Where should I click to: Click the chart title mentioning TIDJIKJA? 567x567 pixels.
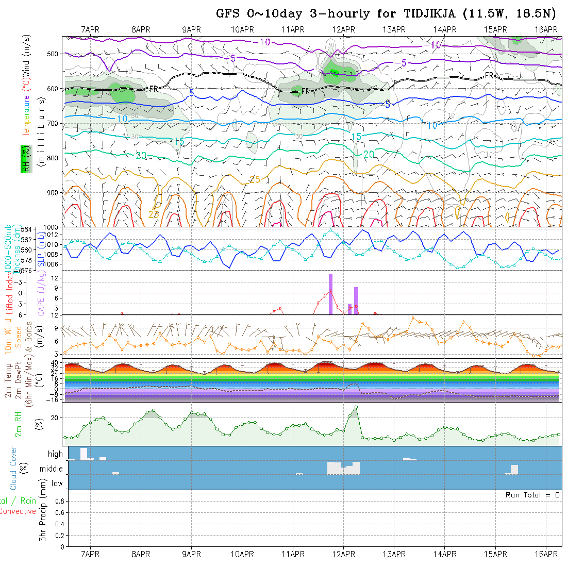click(387, 13)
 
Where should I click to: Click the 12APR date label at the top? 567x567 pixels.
click(343, 29)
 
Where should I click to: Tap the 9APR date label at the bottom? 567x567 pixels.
click(191, 554)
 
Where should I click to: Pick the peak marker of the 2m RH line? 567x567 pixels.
click(356, 407)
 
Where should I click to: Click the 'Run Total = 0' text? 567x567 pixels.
click(532, 495)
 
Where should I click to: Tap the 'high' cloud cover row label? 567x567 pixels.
click(55, 454)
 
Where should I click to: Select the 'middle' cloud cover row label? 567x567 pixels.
click(52, 469)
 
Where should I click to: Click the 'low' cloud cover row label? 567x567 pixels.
click(57, 483)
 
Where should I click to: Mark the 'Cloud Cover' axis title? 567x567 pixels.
click(13, 468)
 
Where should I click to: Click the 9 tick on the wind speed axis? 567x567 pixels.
click(59, 327)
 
